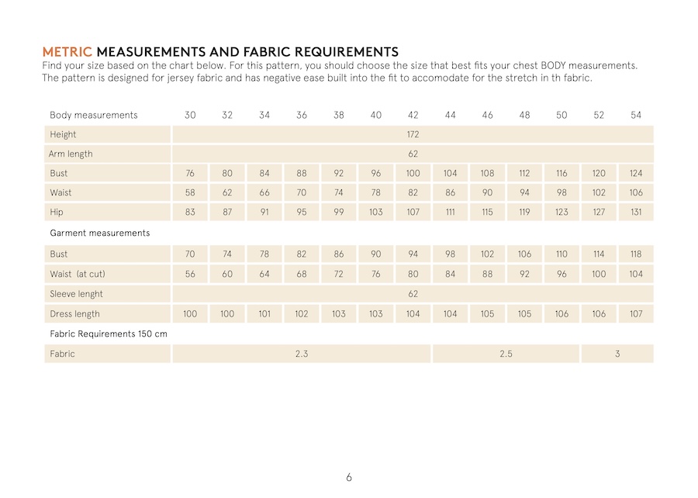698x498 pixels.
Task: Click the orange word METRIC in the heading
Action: point(67,52)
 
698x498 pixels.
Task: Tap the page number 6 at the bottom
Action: point(349,477)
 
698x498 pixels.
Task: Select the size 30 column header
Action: point(190,115)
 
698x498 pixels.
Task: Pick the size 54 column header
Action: point(636,115)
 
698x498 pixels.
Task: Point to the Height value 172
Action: point(413,134)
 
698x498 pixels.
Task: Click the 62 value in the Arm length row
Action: point(413,154)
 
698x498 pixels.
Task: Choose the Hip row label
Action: point(57,212)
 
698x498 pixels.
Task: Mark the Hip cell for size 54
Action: point(636,212)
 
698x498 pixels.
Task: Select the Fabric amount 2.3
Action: point(302,354)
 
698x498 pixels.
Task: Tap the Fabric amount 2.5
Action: point(506,354)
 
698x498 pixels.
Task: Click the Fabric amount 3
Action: point(617,354)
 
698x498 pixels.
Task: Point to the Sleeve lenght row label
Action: point(76,294)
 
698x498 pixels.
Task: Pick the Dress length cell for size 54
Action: point(636,314)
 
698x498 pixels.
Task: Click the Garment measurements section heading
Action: point(99,233)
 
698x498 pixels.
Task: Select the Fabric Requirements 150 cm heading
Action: point(109,334)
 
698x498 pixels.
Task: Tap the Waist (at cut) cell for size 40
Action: point(375,274)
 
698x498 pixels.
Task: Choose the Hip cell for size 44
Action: point(450,212)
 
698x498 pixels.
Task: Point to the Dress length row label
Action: point(74,314)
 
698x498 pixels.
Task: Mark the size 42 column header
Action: point(413,115)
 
